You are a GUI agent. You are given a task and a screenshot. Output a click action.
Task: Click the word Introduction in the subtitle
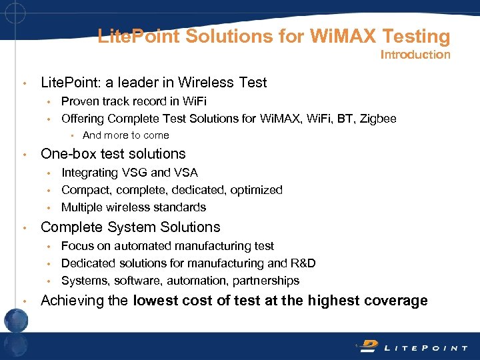pos(415,55)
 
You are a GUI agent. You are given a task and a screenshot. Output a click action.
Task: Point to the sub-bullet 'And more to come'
pos(126,135)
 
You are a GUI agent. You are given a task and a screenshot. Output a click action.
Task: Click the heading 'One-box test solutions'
pos(113,153)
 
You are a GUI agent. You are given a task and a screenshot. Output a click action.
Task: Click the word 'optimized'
pos(257,190)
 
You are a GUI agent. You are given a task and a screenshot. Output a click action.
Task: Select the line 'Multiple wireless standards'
pos(133,207)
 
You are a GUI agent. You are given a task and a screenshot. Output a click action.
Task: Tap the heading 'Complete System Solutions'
pos(131,227)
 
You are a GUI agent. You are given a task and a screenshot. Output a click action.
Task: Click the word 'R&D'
pos(303,263)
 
